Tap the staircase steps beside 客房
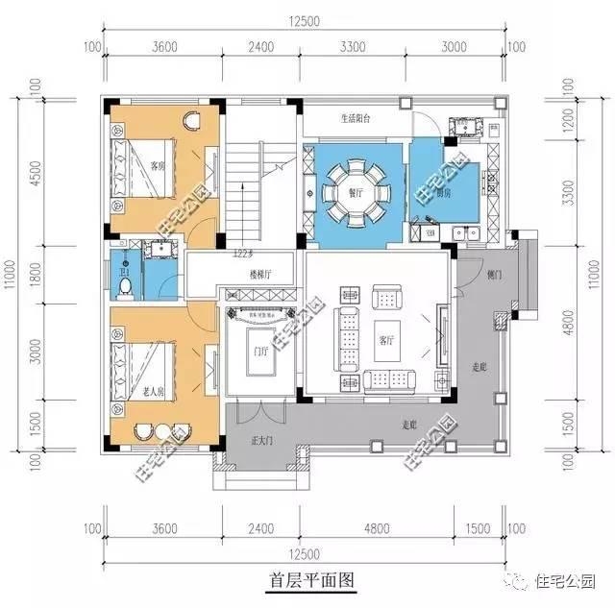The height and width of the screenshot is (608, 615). (x=244, y=192)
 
